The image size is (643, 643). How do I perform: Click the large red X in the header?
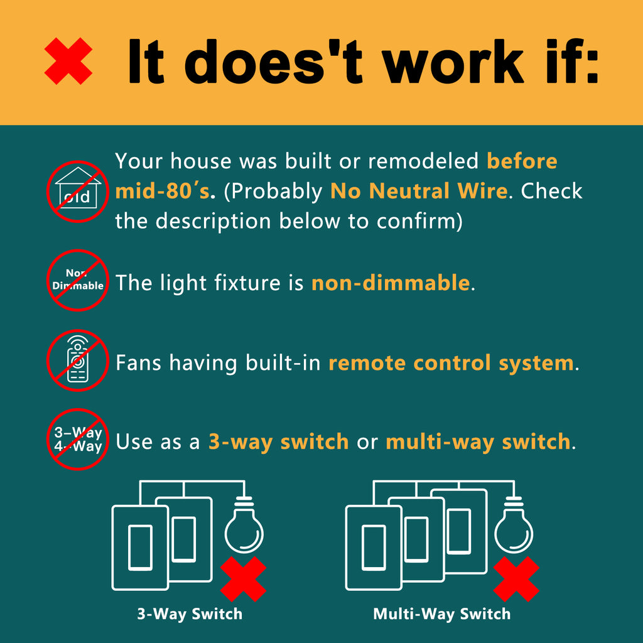click(x=68, y=61)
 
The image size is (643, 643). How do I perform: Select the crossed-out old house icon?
click(x=77, y=192)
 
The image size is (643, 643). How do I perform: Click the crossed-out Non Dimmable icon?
click(x=77, y=281)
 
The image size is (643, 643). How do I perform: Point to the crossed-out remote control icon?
click(x=77, y=360)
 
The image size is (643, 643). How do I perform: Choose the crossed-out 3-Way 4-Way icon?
click(x=77, y=439)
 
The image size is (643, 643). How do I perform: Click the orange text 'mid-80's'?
click(x=163, y=191)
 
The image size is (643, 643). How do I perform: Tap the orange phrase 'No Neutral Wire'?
click(x=419, y=191)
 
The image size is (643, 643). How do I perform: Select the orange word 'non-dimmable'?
click(x=391, y=283)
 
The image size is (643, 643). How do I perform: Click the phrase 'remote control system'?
click(x=451, y=363)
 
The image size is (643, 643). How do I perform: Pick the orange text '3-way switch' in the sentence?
click(x=278, y=441)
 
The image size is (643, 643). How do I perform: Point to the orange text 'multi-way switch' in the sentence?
click(x=478, y=441)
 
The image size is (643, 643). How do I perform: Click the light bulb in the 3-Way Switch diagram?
click(x=244, y=525)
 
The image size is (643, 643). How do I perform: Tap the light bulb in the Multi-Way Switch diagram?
click(x=514, y=525)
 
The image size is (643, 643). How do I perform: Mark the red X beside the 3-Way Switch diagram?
click(x=244, y=579)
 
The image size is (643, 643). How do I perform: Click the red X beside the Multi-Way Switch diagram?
click(x=516, y=579)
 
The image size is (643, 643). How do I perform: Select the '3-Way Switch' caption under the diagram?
click(x=190, y=614)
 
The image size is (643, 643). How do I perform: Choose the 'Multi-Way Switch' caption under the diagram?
click(x=441, y=614)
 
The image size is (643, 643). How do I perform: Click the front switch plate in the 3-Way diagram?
click(x=140, y=548)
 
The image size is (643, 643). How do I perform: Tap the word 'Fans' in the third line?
click(x=138, y=363)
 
